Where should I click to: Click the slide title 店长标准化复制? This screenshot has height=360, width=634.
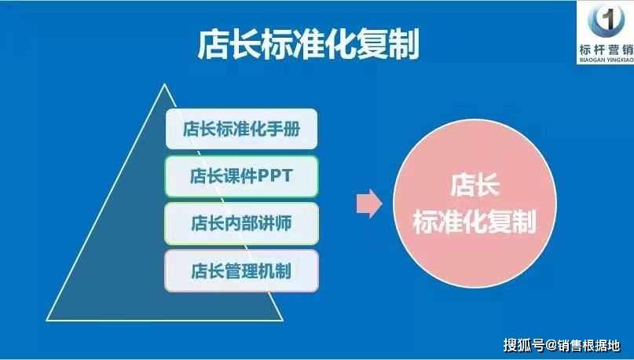pos(308,44)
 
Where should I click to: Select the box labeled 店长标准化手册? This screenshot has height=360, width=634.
pos(241,129)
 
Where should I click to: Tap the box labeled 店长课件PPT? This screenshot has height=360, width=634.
pos(241,176)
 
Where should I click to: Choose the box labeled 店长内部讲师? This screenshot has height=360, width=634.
pos(241,223)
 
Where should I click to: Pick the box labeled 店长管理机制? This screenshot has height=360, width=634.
pos(241,270)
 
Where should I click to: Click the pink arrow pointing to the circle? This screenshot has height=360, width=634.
pos(369,204)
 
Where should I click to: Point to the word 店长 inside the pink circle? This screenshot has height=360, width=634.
pos(475,186)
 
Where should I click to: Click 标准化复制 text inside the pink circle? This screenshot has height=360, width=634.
pos(475,221)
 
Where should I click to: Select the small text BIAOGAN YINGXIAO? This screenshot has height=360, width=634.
pos(607,60)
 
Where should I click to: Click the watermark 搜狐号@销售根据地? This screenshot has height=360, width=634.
pos(562,345)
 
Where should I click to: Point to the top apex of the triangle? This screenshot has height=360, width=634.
pos(164,84)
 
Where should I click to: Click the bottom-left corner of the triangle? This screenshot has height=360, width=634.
pos(47,321)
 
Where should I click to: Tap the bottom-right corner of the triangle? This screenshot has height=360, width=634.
pos(283,321)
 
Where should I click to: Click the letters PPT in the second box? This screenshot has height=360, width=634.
pos(275,176)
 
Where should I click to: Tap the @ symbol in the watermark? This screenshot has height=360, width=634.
pos(552,345)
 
